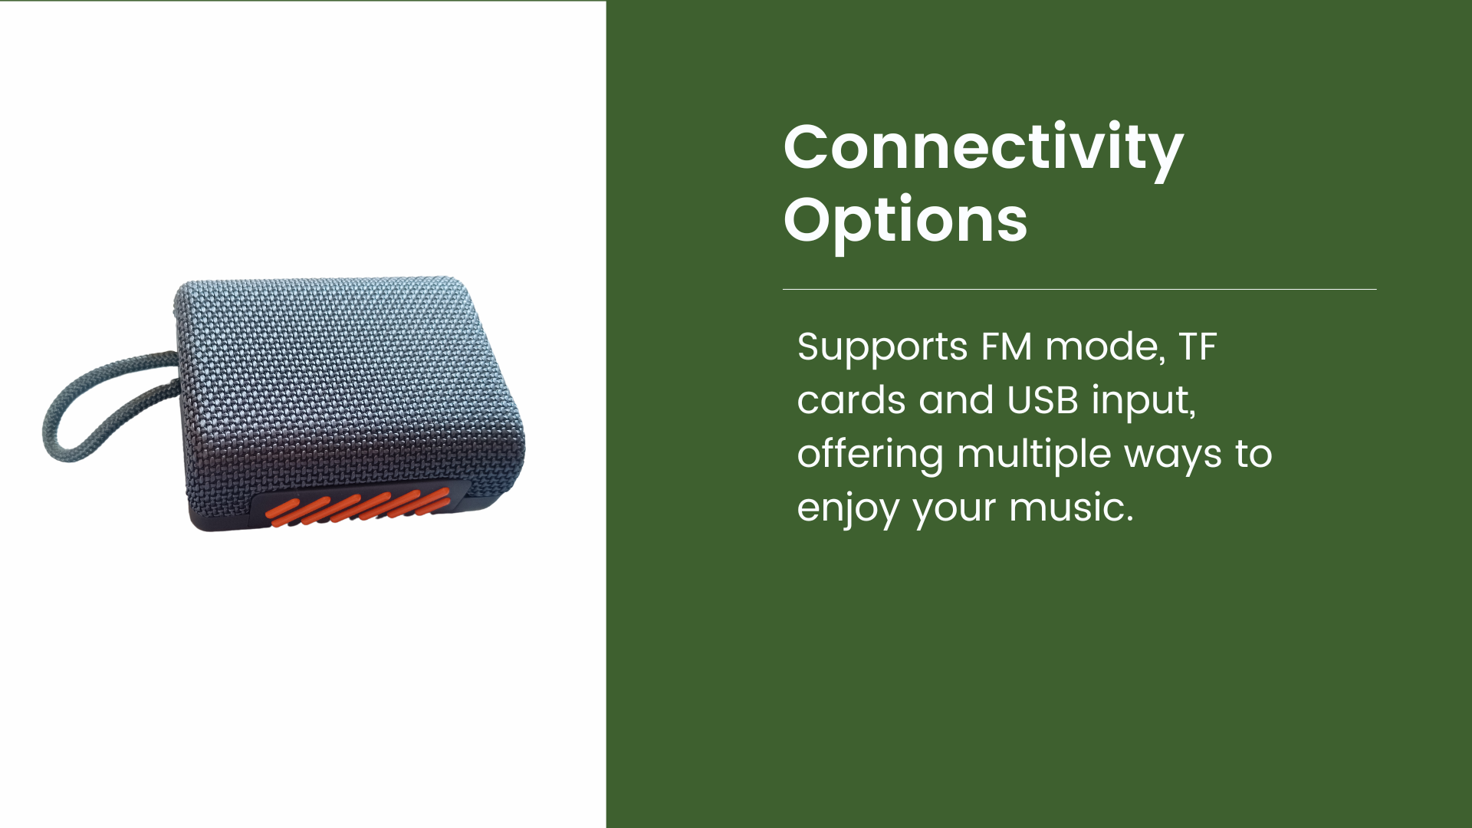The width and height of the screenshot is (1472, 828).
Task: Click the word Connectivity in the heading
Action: coord(983,149)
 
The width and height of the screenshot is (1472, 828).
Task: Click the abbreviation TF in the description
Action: coord(1198,347)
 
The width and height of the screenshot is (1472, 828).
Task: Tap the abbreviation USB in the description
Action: coord(1043,400)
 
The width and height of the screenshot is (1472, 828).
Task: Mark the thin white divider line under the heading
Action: coord(1079,289)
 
